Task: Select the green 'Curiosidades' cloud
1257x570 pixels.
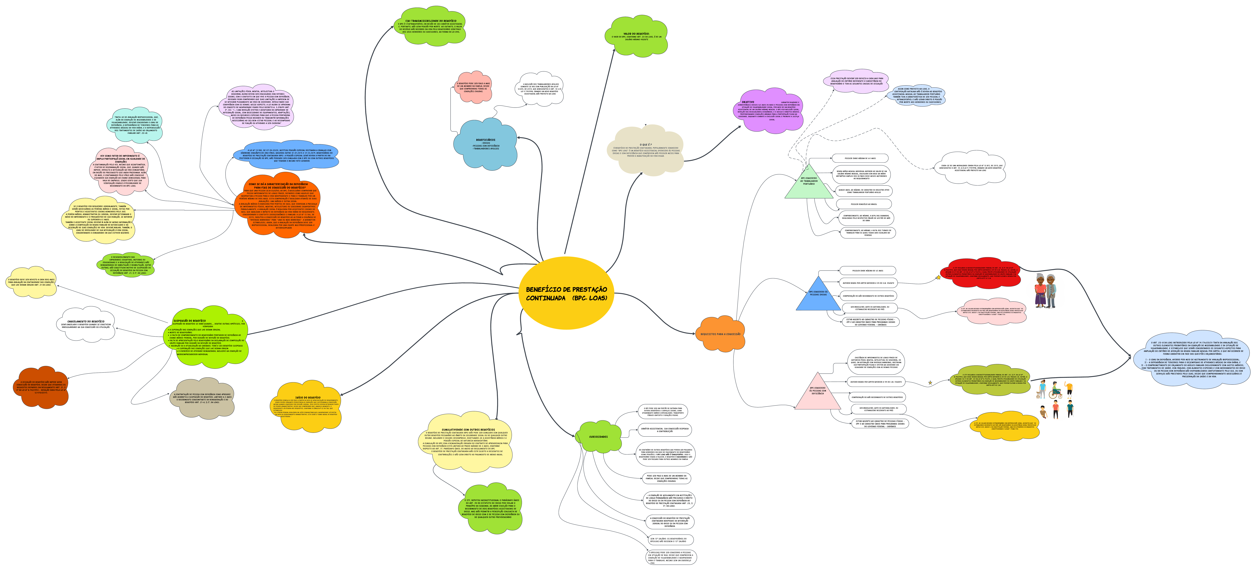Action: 598,437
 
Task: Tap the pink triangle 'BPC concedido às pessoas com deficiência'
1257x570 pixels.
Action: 817,393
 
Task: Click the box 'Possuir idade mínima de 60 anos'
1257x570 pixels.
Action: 860,158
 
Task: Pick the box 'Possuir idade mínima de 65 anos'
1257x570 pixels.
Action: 867,270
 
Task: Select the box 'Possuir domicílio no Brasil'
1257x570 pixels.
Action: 864,204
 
